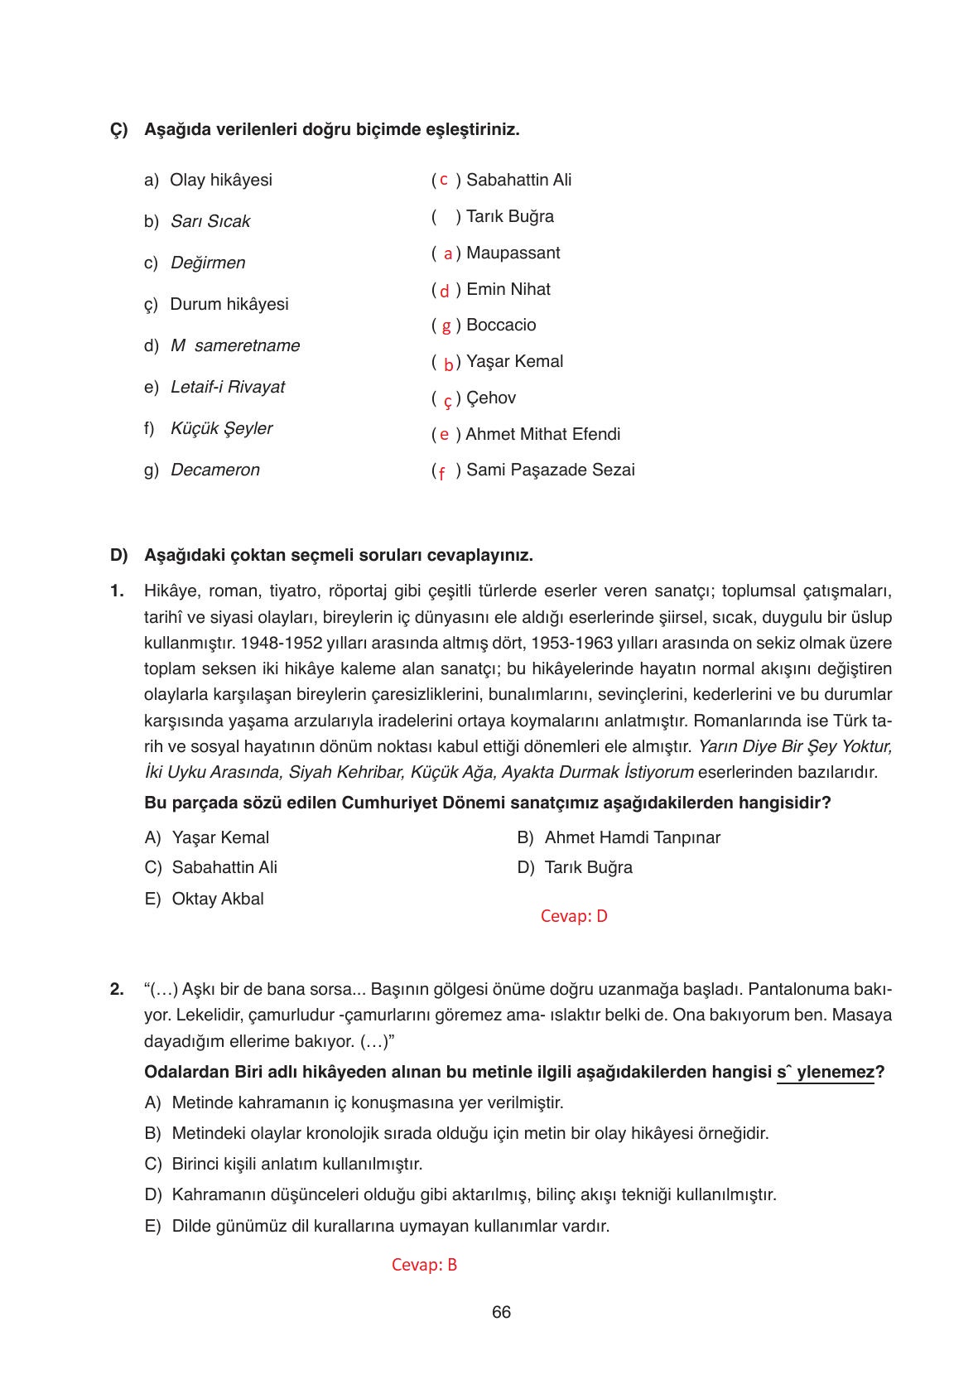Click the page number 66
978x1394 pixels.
[x=500, y=1313]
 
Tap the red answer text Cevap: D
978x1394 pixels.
[x=573, y=916]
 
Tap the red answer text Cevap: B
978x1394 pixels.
[x=424, y=1265]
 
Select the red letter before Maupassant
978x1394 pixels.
[x=447, y=254]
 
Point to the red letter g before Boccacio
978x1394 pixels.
[x=446, y=326]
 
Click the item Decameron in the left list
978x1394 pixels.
[x=214, y=470]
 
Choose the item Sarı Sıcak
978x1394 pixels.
[x=210, y=222]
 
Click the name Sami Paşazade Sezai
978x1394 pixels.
[x=550, y=470]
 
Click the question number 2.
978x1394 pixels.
[x=117, y=989]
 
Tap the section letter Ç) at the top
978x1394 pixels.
[x=119, y=130]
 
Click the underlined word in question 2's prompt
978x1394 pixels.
[x=825, y=1073]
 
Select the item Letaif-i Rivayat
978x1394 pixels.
[x=227, y=388]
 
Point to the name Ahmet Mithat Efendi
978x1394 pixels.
[x=542, y=434]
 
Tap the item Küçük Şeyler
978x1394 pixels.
[x=221, y=429]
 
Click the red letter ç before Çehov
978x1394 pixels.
[x=447, y=400]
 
